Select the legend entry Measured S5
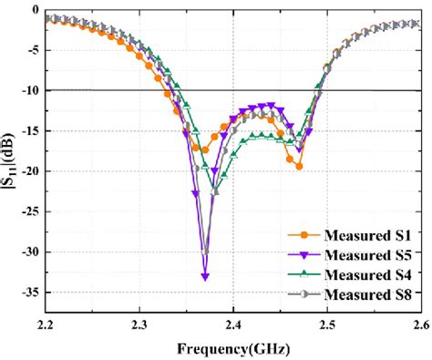[355, 258]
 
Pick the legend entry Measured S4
[355, 277]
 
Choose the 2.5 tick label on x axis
[326, 325]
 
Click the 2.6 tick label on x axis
[417, 325]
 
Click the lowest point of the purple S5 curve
[205, 276]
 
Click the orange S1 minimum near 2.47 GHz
[298, 167]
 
